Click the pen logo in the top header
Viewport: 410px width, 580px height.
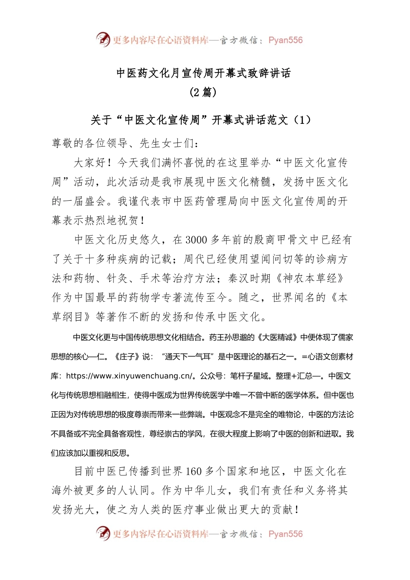(x=103, y=39)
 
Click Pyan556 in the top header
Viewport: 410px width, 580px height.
(x=285, y=40)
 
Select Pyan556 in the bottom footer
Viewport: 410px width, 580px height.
(x=285, y=534)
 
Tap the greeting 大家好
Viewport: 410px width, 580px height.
(x=90, y=163)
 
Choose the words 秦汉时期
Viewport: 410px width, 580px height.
(x=249, y=278)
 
